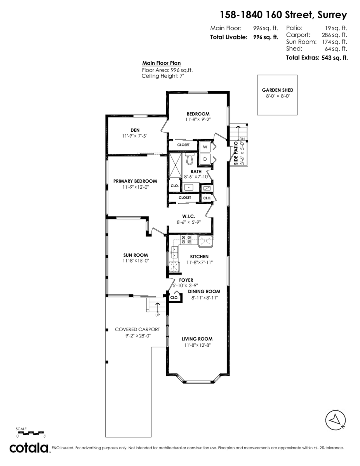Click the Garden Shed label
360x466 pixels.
pyautogui.click(x=277, y=90)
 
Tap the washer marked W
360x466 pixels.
pyautogui.click(x=205, y=147)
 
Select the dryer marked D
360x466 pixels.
pyautogui.click(x=205, y=159)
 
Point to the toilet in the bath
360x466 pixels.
pyautogui.click(x=190, y=158)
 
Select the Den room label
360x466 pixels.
pyautogui.click(x=135, y=130)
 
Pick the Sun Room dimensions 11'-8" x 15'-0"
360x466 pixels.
pyautogui.click(x=136, y=261)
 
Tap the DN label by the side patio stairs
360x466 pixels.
pyautogui.click(x=242, y=139)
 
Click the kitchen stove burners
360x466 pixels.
pyautogui.click(x=186, y=240)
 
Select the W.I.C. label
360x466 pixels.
pyautogui.click(x=189, y=216)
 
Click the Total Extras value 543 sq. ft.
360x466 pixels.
pyautogui.click(x=334, y=58)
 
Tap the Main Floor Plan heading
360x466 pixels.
pyautogui.click(x=162, y=63)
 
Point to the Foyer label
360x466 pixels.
pyautogui.click(x=186, y=280)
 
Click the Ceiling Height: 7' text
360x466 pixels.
pyautogui.click(x=163, y=76)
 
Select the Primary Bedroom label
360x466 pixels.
pyautogui.click(x=135, y=181)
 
